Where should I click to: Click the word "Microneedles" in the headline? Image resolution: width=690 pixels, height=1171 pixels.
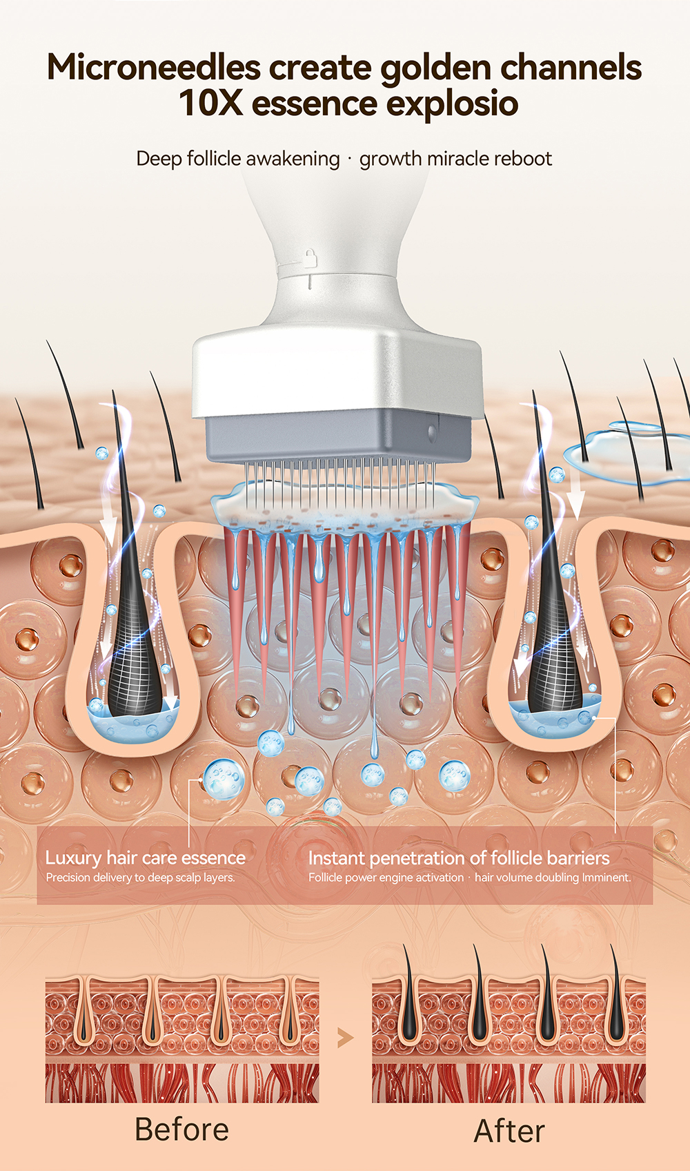click(x=153, y=68)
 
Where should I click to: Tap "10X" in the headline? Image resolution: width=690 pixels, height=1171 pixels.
click(x=211, y=104)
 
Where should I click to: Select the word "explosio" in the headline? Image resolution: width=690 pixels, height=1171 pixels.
click(x=452, y=104)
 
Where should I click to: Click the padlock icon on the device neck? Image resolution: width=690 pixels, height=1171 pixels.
click(x=310, y=258)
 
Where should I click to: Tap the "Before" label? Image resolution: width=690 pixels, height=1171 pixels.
click(x=181, y=1130)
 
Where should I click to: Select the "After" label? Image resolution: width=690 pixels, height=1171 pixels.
click(x=509, y=1131)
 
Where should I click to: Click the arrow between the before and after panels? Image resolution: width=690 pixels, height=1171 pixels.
click(x=345, y=1037)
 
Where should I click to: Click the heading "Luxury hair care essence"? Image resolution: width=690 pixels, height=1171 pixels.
click(x=146, y=858)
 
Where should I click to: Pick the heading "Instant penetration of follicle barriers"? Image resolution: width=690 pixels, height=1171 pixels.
click(x=459, y=858)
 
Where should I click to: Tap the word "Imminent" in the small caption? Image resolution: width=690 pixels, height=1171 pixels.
click(x=606, y=878)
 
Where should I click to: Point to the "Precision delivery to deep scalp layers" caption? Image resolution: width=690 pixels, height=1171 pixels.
click(x=141, y=878)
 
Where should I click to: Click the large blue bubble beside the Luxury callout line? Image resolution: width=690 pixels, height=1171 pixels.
click(x=224, y=778)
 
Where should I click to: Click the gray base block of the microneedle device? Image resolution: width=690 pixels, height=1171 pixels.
click(x=338, y=435)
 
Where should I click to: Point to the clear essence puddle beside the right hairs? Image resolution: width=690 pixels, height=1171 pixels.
click(x=621, y=452)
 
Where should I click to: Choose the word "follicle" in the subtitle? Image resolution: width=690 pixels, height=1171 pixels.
click(x=214, y=159)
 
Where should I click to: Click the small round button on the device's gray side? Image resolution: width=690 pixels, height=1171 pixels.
click(x=432, y=433)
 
